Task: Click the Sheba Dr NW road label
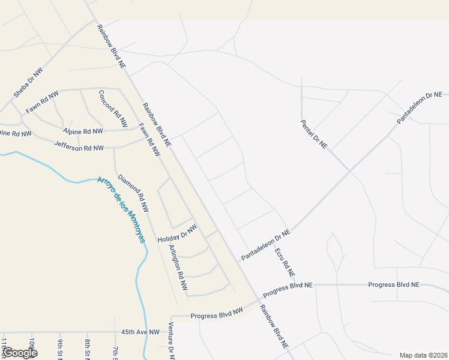[x=29, y=82]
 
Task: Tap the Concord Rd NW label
[x=113, y=109]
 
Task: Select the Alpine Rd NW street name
[x=83, y=131]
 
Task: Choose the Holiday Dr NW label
[x=177, y=233]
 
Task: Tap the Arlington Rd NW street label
[x=178, y=268]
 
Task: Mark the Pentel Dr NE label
[x=314, y=134]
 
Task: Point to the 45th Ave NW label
[x=140, y=332]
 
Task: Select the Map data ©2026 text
[x=423, y=355]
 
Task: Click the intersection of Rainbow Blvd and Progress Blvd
[x=256, y=299]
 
